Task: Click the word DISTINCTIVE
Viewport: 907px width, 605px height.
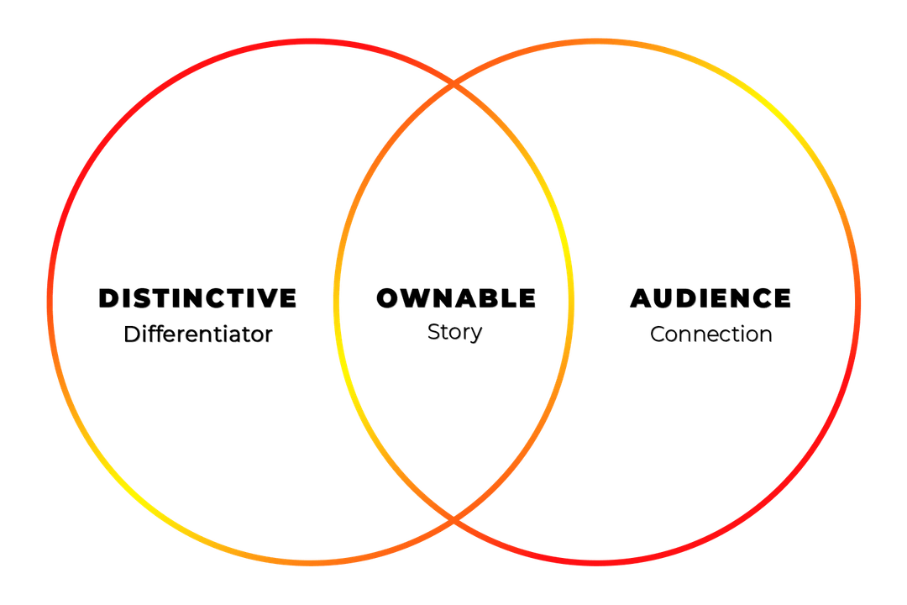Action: click(198, 298)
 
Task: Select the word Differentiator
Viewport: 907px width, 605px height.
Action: click(198, 334)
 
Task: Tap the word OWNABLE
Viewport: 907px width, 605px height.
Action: click(455, 298)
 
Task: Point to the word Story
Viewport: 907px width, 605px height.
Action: click(455, 332)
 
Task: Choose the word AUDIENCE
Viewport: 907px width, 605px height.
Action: click(710, 298)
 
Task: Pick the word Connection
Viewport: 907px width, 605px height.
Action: click(711, 334)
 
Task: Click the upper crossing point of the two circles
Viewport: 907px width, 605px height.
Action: click(454, 85)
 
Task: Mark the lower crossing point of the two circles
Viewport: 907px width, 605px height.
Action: click(454, 521)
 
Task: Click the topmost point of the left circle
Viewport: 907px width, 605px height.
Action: click(311, 41)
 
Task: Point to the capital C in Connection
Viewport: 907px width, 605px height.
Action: click(658, 334)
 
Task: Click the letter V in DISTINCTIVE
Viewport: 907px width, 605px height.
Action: click(270, 298)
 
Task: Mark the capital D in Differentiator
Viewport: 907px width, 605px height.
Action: click(132, 334)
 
